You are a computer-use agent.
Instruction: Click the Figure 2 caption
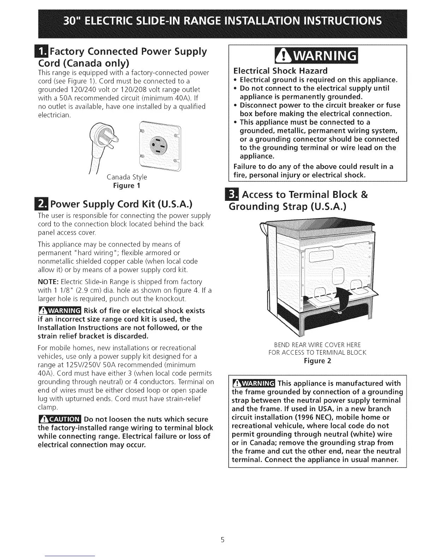click(317, 361)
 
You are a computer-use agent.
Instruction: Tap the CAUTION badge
click(60, 419)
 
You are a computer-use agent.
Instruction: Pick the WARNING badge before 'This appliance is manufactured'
click(254, 384)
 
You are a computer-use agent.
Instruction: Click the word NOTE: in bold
click(48, 282)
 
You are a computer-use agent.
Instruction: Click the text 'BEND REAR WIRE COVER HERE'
click(317, 344)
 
